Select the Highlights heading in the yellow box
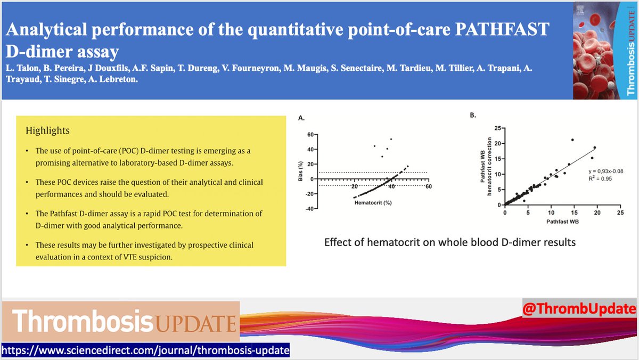pyautogui.click(x=47, y=130)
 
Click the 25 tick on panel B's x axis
pyautogui.click(x=620, y=212)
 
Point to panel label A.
pyautogui.click(x=301, y=118)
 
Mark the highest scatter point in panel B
pyautogui.click(x=572, y=140)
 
